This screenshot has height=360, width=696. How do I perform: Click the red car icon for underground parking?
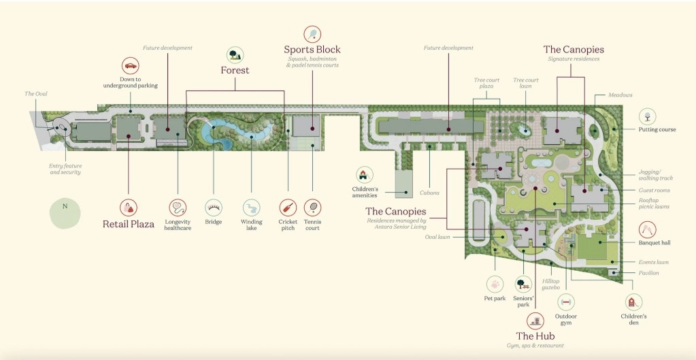tap(131, 66)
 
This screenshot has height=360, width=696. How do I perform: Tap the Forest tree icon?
tap(235, 54)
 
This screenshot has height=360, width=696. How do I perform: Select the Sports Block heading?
tap(312, 50)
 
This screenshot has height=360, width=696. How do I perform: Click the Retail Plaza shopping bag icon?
tap(129, 208)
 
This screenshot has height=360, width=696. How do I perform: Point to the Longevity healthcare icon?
tap(178, 208)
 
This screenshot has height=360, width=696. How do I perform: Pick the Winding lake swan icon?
tap(251, 208)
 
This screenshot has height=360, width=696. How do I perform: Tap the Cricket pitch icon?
tap(288, 208)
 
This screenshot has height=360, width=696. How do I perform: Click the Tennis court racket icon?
tap(313, 208)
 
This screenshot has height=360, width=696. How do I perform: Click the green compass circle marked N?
tap(65, 212)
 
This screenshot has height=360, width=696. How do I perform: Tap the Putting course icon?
tap(648, 116)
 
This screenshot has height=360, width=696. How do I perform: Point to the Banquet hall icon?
tap(648, 229)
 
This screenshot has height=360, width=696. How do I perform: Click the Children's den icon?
tap(633, 302)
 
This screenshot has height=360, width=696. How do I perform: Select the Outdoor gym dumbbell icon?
tap(566, 301)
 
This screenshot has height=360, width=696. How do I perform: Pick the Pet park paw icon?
tap(495, 284)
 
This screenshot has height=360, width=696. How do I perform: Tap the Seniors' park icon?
tap(523, 284)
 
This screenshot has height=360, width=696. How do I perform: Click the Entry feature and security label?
tap(65, 169)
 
